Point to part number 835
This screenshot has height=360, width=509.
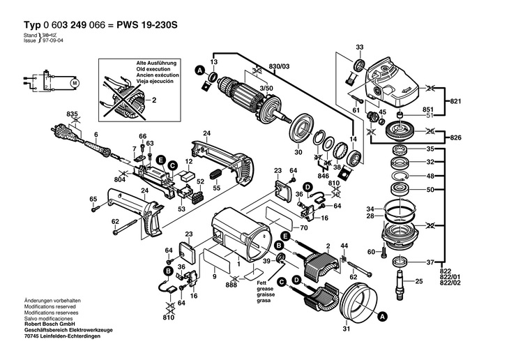click(x=71, y=114)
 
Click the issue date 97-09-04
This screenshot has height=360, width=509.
click(x=52, y=40)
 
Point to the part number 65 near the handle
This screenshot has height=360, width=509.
click(x=93, y=200)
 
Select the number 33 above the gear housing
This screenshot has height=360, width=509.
click(x=360, y=47)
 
